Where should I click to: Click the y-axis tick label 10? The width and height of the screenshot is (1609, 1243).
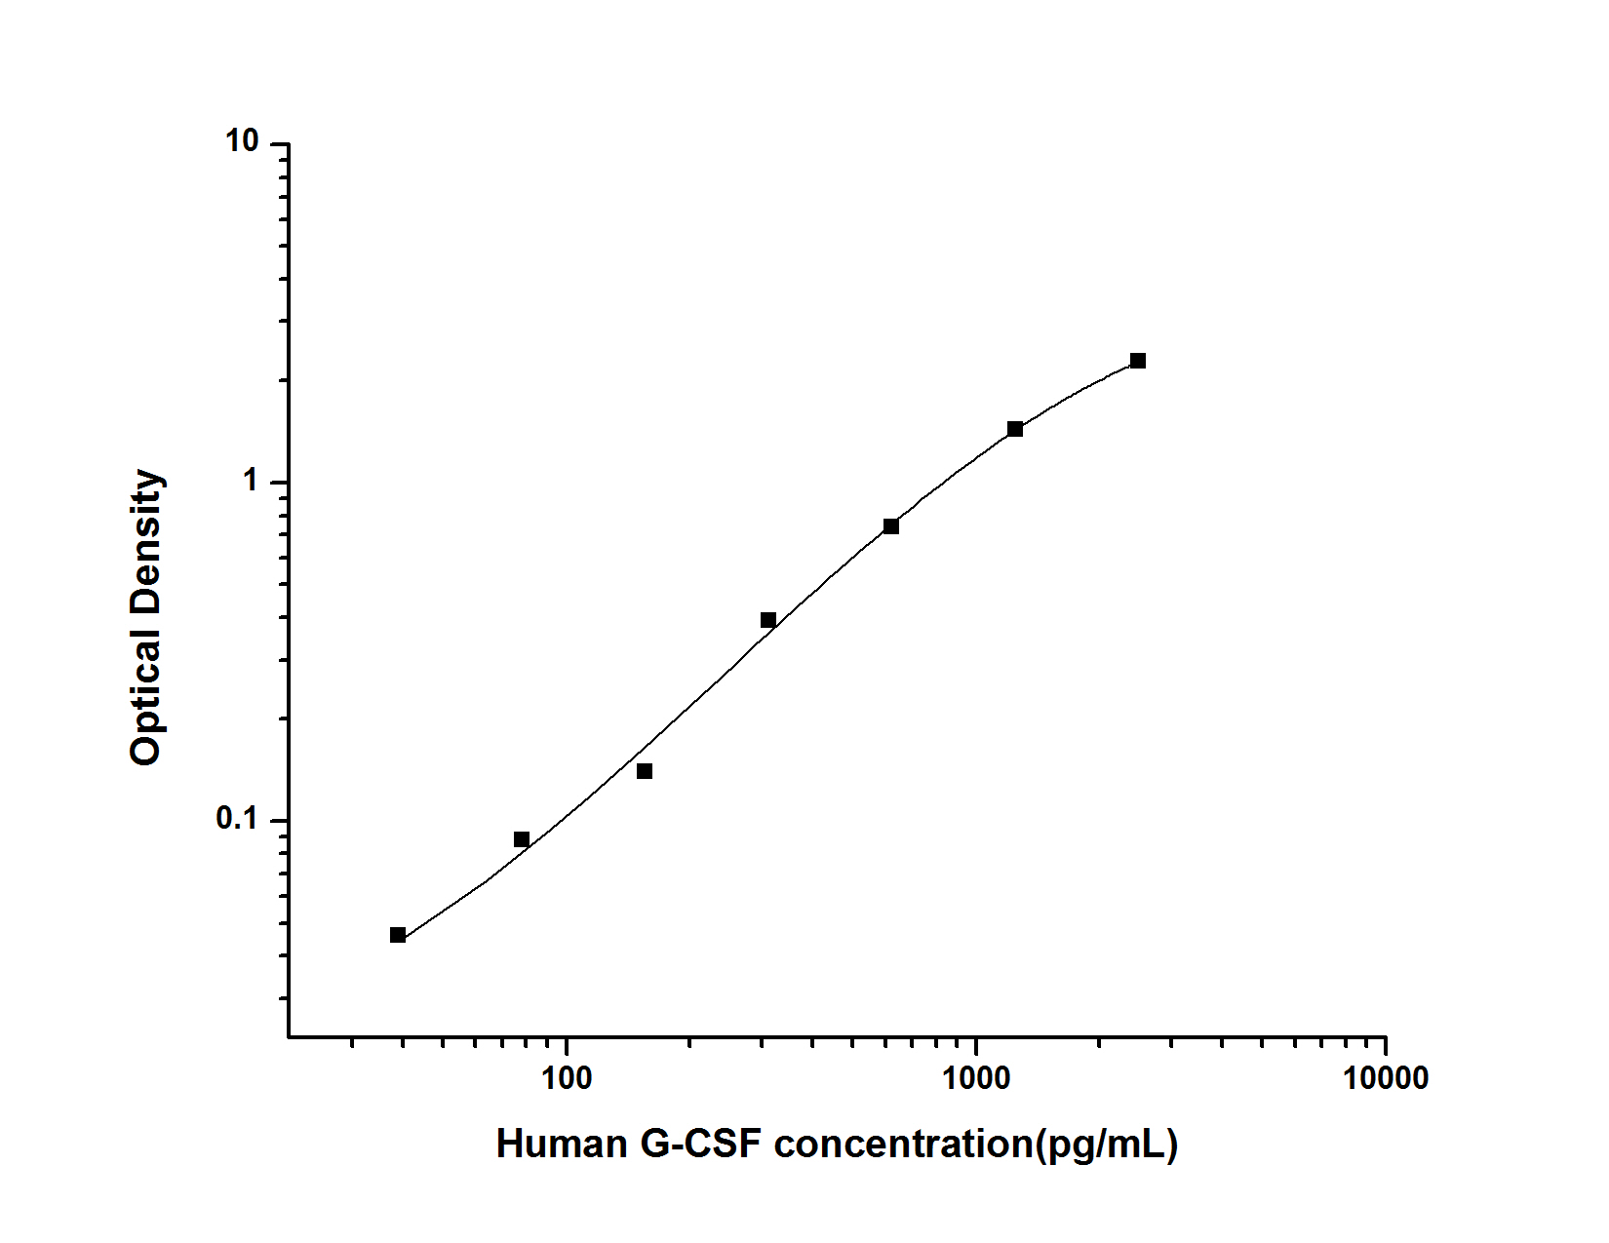pyautogui.click(x=242, y=142)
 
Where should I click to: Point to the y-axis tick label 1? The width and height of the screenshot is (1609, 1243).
pyautogui.click(x=251, y=482)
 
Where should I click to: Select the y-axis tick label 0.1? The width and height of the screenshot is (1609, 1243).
pyautogui.click(x=237, y=820)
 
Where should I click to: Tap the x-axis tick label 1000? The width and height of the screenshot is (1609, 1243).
pyautogui.click(x=976, y=1078)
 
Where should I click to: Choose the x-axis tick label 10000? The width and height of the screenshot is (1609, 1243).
pyautogui.click(x=1385, y=1078)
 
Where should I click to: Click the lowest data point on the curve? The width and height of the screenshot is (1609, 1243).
pyautogui.click(x=398, y=935)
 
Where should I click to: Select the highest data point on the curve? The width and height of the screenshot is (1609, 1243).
pyautogui.click(x=1138, y=361)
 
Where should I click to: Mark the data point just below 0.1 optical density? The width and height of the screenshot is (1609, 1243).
pyautogui.click(x=522, y=839)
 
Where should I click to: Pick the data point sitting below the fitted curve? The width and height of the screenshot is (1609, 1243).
pyautogui.click(x=645, y=771)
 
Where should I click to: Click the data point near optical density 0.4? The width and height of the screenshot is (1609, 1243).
pyautogui.click(x=768, y=620)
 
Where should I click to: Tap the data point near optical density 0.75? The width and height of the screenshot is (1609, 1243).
pyautogui.click(x=891, y=526)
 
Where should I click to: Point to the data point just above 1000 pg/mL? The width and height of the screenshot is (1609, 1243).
pyautogui.click(x=1015, y=429)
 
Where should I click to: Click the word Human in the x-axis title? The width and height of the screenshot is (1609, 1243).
pyautogui.click(x=562, y=1144)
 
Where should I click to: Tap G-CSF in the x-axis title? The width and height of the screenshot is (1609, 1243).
pyautogui.click(x=700, y=1144)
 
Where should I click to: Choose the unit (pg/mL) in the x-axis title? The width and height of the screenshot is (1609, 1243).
pyautogui.click(x=1107, y=1144)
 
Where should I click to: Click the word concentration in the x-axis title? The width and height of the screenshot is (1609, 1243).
pyautogui.click(x=904, y=1144)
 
